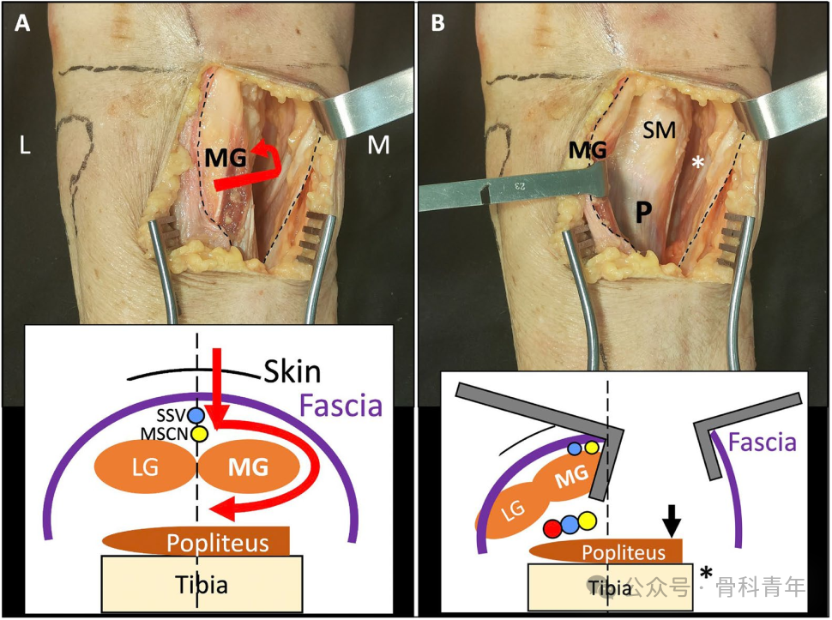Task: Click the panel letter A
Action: (23, 24)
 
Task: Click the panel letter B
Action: (437, 24)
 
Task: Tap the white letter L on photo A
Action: (26, 147)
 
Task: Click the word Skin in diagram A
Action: (291, 371)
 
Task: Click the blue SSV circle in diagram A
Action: (196, 415)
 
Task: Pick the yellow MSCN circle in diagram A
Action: (198, 433)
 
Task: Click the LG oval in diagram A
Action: (142, 469)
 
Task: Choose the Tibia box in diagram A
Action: (202, 586)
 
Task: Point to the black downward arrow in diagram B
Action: (672, 516)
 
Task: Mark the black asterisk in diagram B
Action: (707, 573)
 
